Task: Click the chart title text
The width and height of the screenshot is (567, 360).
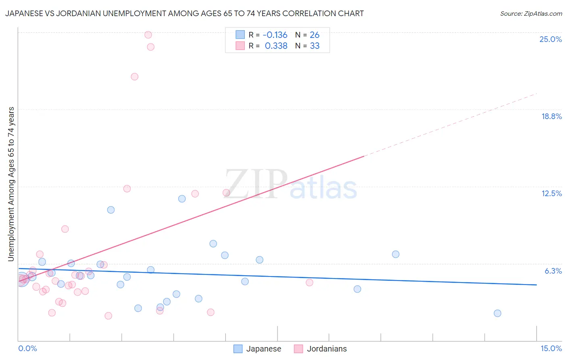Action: coord(185,14)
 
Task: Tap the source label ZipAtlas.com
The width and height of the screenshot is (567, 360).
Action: coord(531,14)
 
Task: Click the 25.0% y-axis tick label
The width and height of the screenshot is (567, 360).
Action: coord(550,39)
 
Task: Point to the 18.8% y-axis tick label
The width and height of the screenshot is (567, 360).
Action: coord(551,116)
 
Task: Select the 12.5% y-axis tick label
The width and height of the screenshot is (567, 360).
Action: coord(551,193)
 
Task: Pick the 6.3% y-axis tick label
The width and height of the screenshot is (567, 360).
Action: coord(553,271)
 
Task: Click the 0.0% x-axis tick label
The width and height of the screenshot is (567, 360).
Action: coord(27,348)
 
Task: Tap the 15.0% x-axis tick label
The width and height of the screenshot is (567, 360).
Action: coord(551,348)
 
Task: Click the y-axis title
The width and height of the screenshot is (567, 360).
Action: coord(11,184)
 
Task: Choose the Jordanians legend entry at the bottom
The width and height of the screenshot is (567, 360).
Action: coord(321,349)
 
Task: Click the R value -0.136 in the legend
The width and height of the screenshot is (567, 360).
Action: coord(275,35)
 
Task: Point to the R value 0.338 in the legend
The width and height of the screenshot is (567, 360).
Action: coord(276,46)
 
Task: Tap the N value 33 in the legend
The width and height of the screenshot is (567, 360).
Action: coord(315,46)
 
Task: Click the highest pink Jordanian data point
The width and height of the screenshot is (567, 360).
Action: coord(148,35)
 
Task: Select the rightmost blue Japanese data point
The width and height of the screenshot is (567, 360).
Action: coord(497,313)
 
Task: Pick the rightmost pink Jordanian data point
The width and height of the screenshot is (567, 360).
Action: coord(309,283)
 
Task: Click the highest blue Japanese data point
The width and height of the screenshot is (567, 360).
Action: coord(182,199)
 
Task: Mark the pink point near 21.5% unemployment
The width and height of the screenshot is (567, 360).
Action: coord(135,77)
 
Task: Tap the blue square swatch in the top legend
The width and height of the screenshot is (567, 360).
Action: coord(240,35)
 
